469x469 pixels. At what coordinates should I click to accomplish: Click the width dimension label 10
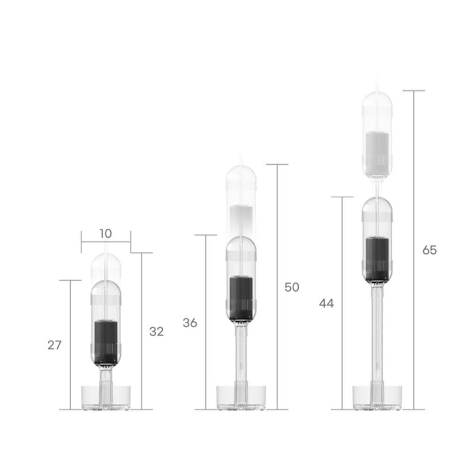106,233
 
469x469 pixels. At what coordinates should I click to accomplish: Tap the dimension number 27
54,345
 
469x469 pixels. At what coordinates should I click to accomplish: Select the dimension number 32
157,332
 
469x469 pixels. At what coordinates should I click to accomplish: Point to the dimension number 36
190,323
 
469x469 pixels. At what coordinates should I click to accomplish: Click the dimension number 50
292,287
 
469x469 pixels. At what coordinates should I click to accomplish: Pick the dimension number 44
326,303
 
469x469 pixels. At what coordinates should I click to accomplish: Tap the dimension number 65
429,250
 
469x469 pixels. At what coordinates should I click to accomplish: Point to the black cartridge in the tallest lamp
377,259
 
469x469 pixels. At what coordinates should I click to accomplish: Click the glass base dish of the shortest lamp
106,397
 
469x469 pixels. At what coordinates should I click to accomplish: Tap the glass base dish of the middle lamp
241,397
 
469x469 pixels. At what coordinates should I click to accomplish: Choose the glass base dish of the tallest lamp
377,397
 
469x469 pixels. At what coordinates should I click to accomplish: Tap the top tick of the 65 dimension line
413,91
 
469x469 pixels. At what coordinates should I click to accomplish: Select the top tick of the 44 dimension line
342,197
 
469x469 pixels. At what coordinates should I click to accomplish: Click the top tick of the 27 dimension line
70,280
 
